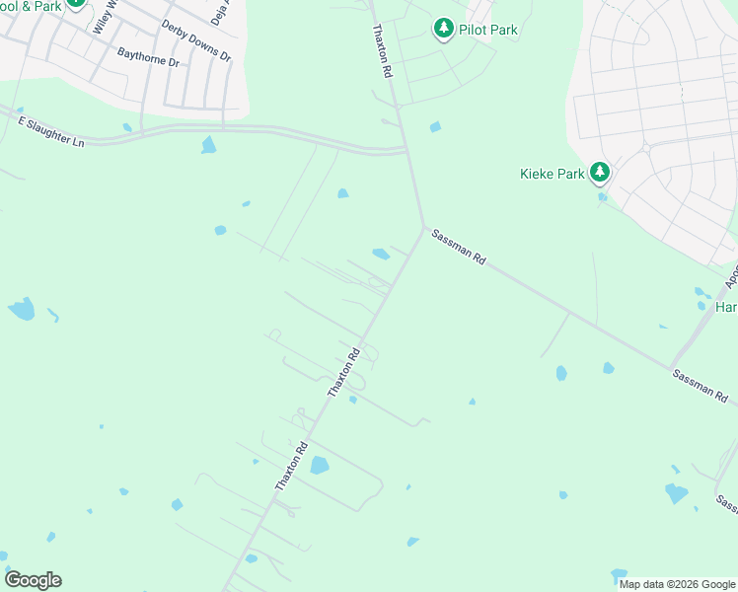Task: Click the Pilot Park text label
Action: coord(488,30)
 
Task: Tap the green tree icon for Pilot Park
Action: coord(444,29)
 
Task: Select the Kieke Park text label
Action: coord(553,175)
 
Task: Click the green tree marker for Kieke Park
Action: coord(599,174)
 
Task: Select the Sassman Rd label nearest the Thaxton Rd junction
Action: coord(459,247)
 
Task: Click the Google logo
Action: coord(33,580)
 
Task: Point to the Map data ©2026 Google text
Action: coord(677,584)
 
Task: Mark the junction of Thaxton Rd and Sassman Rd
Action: coord(424,231)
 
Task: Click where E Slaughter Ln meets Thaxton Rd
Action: coord(406,151)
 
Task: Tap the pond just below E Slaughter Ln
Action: coord(208,145)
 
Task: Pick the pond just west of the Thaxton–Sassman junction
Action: coord(381,254)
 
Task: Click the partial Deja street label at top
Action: coord(215,12)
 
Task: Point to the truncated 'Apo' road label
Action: coord(731,275)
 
